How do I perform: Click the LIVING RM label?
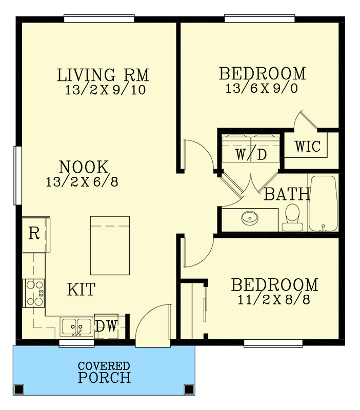point(103,75)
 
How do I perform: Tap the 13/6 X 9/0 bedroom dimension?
point(262,89)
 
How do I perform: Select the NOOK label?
point(84,167)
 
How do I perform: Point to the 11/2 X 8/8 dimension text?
point(274,300)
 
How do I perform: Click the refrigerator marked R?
point(34,234)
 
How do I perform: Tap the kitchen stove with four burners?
point(34,293)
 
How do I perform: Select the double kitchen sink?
point(76,326)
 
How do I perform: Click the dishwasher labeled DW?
point(106,326)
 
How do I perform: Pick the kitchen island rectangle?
point(110,245)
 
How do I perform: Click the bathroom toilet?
point(292,217)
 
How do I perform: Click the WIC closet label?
point(308,147)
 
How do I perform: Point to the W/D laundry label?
point(251,154)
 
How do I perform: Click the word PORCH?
point(104,378)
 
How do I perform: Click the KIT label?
point(81,290)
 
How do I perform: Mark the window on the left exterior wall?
point(17,175)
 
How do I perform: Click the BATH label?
point(287,194)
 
